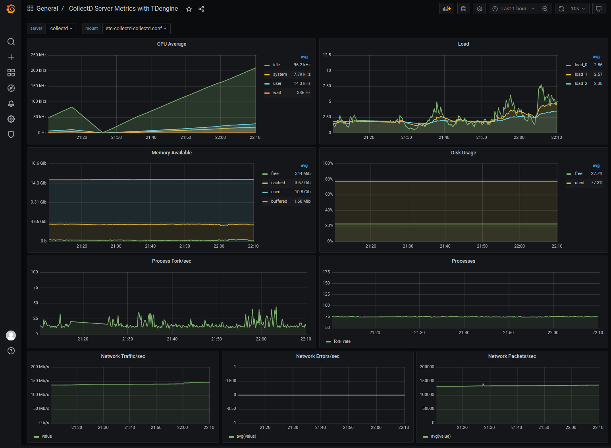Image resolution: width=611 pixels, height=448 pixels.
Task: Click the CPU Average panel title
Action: pyautogui.click(x=172, y=44)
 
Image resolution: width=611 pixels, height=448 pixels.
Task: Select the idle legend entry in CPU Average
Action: pyautogui.click(x=276, y=65)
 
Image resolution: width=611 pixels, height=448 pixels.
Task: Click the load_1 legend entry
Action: pyautogui.click(x=580, y=74)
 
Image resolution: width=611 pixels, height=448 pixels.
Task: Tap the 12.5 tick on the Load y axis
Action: pyautogui.click(x=327, y=55)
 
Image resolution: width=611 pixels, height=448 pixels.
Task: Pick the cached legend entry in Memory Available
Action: pyautogui.click(x=278, y=183)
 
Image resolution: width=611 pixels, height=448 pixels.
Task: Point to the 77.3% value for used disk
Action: pyautogui.click(x=596, y=183)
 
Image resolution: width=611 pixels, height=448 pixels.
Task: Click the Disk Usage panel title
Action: pyautogui.click(x=463, y=153)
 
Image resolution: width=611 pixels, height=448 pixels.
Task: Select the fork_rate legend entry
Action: pyautogui.click(x=342, y=341)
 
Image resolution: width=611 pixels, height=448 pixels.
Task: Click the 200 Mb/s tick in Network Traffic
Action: pyautogui.click(x=40, y=367)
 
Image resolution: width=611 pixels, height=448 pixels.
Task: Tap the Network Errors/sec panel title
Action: pyautogui.click(x=318, y=356)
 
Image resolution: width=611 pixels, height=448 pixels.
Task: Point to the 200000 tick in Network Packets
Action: pyautogui.click(x=427, y=367)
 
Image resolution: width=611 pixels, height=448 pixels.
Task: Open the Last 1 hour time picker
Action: pyautogui.click(x=513, y=9)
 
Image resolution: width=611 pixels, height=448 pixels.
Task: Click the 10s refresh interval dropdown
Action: pyautogui.click(x=578, y=9)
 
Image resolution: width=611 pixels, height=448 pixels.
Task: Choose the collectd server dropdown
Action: pyautogui.click(x=62, y=29)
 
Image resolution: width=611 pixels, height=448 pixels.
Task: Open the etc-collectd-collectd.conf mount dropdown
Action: pyautogui.click(x=136, y=29)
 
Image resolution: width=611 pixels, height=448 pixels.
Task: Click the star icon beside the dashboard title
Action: pyautogui.click(x=189, y=9)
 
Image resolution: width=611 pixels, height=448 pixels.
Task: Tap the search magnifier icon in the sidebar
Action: pyautogui.click(x=11, y=42)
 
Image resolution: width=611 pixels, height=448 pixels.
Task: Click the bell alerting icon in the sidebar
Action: pyautogui.click(x=11, y=104)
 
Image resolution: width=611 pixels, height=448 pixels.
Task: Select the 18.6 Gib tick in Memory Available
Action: pyautogui.click(x=39, y=163)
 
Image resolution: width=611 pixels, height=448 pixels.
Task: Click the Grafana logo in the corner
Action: pyautogui.click(x=11, y=9)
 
